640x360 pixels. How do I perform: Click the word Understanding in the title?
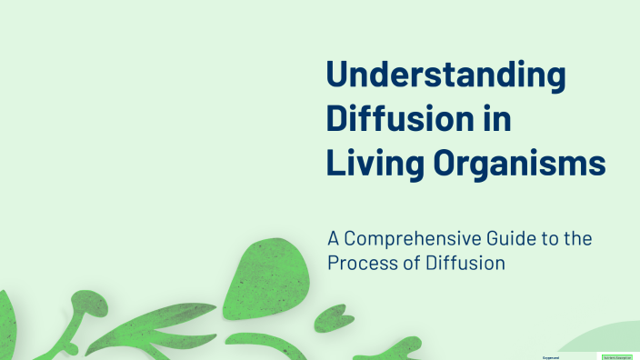pyautogui.click(x=445, y=75)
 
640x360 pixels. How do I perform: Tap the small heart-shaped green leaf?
pyautogui.click(x=328, y=318)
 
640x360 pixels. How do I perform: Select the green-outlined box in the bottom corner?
pyautogui.click(x=617, y=356)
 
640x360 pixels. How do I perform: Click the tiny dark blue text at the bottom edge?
pyautogui.click(x=551, y=356)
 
